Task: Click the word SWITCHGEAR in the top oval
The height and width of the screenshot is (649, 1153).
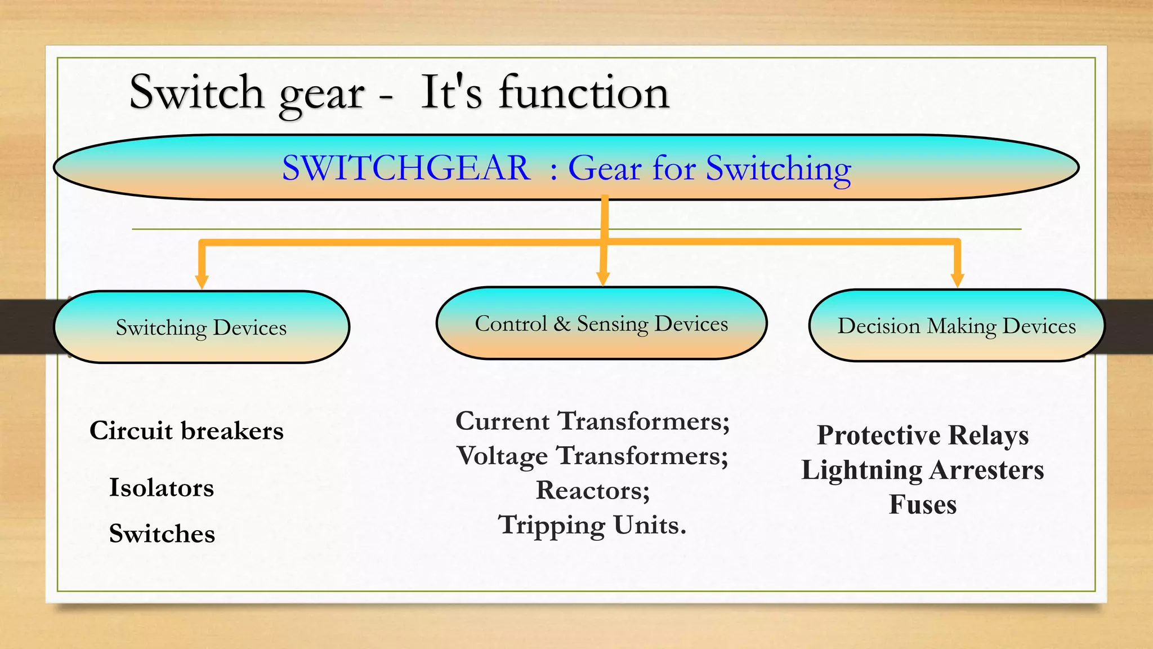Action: [x=406, y=168]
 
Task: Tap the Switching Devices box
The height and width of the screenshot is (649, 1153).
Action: [x=202, y=327]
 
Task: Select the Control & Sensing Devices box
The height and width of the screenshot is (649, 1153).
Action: [x=601, y=323]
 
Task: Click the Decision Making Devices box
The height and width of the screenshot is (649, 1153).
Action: [x=957, y=326]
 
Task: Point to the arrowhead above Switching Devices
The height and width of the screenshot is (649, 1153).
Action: [x=202, y=281]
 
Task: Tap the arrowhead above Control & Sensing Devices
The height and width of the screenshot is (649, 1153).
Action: [x=603, y=278]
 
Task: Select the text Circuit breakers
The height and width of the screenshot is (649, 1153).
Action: [x=186, y=431]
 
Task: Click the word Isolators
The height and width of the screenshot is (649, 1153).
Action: [x=162, y=488]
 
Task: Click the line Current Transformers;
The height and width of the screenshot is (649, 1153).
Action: [x=592, y=421]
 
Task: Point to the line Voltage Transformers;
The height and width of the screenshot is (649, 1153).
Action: [x=592, y=456]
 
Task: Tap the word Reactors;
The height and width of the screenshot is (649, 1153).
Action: [x=593, y=491]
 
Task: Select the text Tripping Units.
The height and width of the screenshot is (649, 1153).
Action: [x=592, y=525]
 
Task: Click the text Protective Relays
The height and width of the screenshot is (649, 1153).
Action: [x=923, y=435]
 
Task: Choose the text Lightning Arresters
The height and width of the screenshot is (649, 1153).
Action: [x=923, y=470]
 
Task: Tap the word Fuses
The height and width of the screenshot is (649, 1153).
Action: [x=923, y=505]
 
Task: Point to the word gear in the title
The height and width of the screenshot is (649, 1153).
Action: [x=321, y=95]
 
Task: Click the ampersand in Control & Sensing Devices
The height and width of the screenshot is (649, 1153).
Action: [x=562, y=324]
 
